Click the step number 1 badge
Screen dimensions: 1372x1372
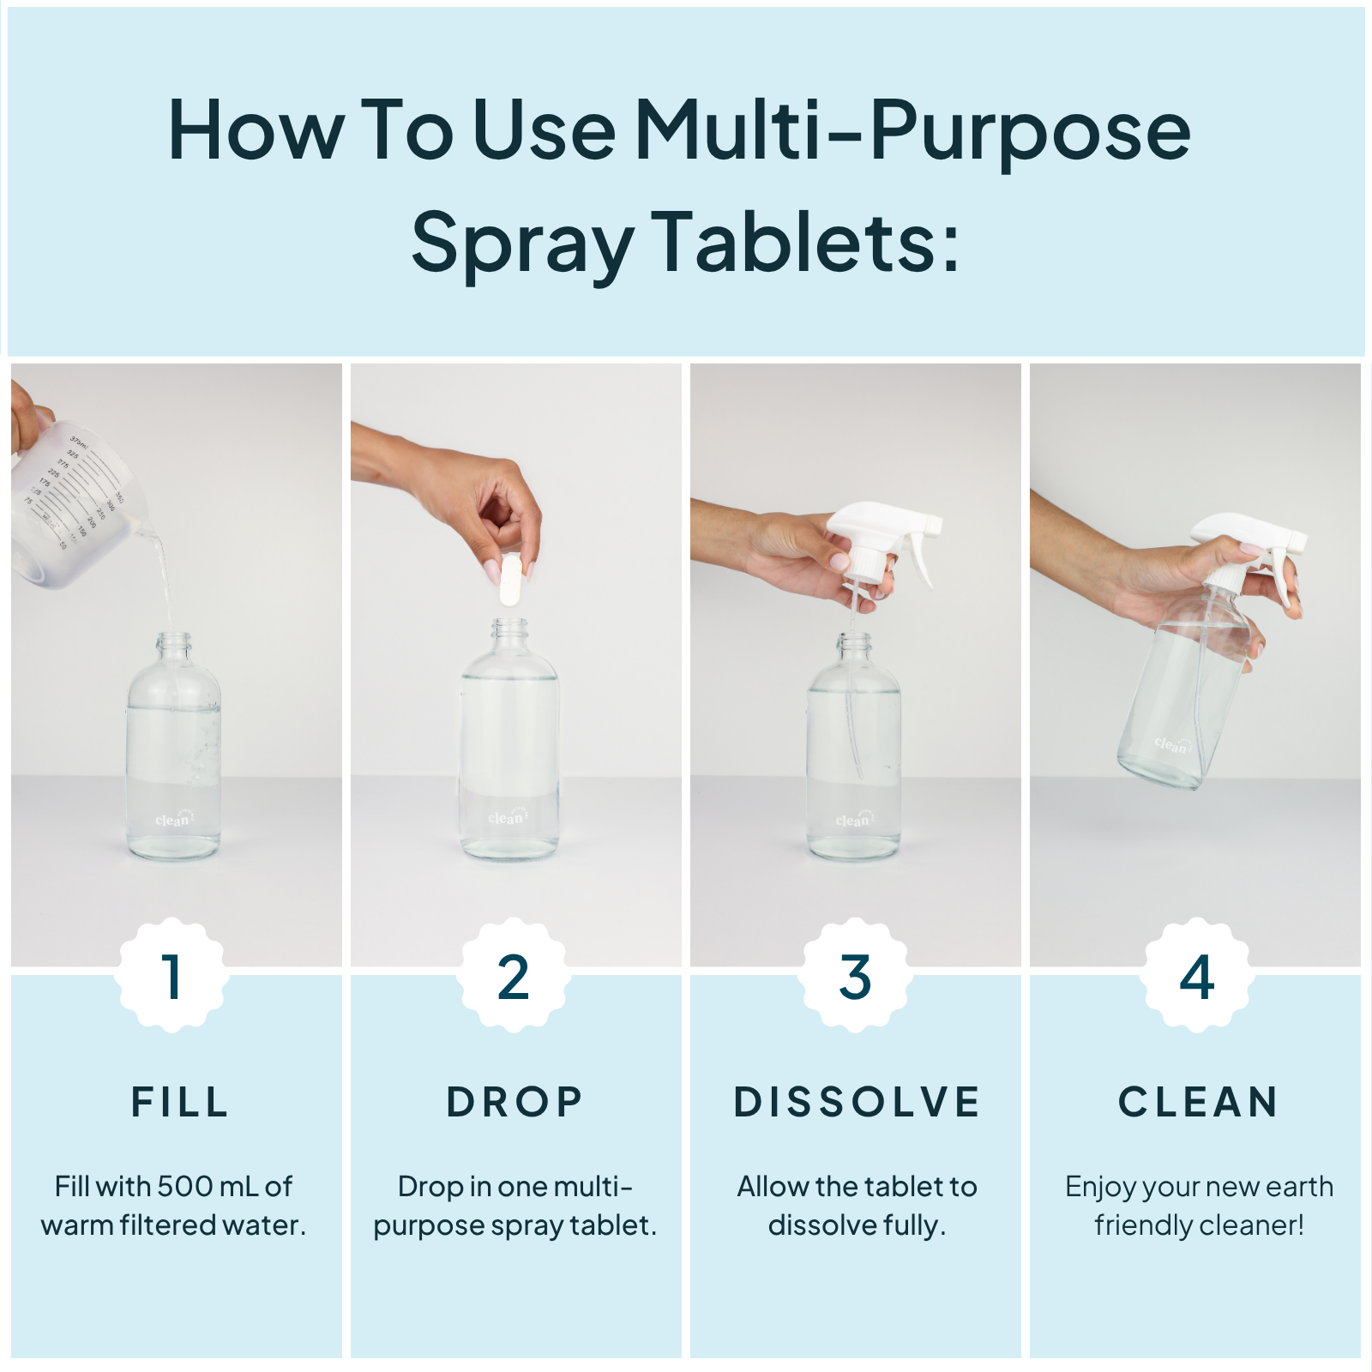172,976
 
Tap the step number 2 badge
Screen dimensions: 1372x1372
513,976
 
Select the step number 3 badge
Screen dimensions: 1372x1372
855,976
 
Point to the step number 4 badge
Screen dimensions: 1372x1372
1196,976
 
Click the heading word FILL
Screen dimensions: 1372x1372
180,1102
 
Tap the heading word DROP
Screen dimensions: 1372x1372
514,1102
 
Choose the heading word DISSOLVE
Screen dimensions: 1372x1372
857,1102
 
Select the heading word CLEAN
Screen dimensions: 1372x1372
1198,1102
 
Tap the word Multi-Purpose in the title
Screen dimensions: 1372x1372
912,130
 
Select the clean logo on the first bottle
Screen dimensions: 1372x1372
172,820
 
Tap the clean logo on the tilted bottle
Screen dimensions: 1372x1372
1170,744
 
